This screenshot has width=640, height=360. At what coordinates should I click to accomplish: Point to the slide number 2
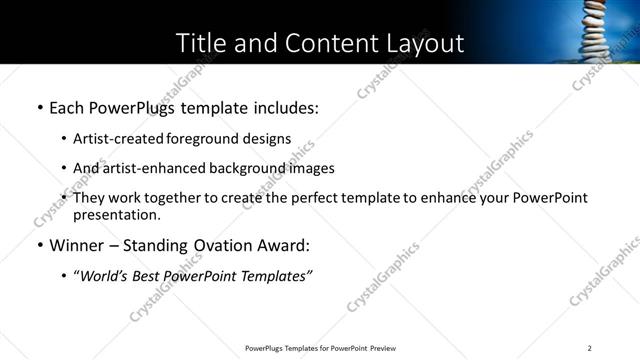click(x=589, y=348)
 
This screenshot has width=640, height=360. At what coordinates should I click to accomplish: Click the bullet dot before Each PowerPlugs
click(x=39, y=108)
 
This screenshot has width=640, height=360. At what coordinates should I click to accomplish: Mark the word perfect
click(x=309, y=198)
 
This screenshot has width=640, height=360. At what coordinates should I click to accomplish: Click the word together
click(x=181, y=198)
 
